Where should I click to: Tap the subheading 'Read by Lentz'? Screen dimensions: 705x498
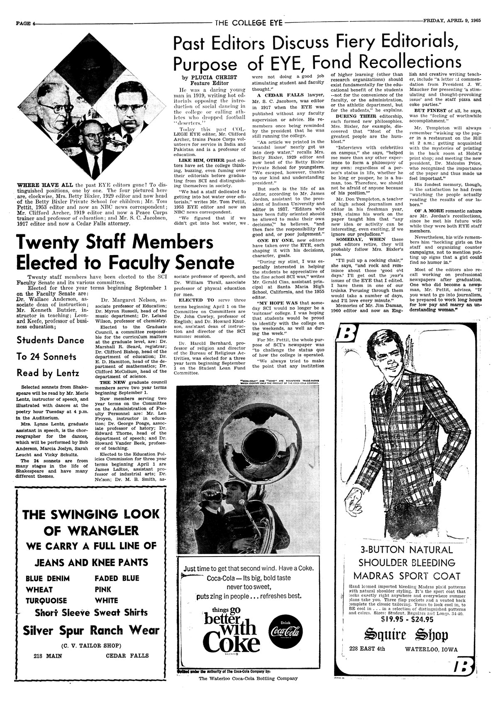(x=47, y=372)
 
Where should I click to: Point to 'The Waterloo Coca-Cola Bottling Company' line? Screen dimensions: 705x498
(x=248, y=678)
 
